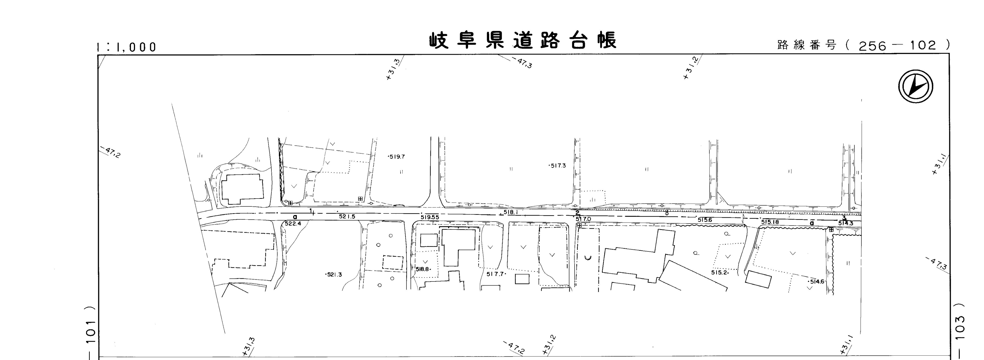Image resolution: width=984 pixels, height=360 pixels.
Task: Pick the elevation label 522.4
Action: point(293,224)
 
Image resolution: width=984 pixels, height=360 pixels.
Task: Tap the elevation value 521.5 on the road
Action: point(347,217)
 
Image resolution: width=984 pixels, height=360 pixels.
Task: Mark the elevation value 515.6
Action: point(705,220)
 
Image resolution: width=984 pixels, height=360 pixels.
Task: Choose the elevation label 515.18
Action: point(770,222)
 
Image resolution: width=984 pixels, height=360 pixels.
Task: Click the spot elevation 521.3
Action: point(334,275)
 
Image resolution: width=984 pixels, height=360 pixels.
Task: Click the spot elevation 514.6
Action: point(816,282)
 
